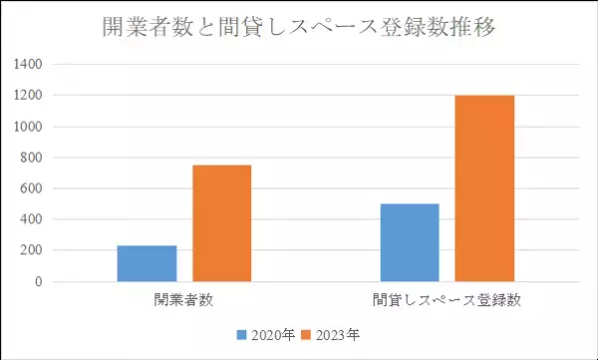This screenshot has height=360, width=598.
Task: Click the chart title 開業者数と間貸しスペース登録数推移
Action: click(299, 27)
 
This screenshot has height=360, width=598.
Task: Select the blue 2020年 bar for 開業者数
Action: click(147, 263)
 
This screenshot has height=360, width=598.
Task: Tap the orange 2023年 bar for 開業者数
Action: click(221, 223)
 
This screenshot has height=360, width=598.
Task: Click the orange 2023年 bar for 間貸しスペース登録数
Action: click(484, 188)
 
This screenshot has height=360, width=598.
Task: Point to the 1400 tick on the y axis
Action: click(28, 65)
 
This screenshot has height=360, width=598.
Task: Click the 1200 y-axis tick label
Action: click(28, 96)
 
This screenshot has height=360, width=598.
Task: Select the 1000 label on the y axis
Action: click(28, 127)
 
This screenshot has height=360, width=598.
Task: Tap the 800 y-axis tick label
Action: click(32, 158)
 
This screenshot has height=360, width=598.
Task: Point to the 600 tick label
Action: click(32, 188)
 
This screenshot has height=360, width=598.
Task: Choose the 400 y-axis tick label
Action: click(32, 219)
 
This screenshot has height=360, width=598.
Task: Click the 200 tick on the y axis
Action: click(32, 250)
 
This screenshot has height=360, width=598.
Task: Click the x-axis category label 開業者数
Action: click(184, 299)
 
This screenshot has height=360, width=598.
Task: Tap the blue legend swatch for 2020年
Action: click(241, 335)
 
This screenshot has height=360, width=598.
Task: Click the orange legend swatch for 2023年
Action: click(307, 335)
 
